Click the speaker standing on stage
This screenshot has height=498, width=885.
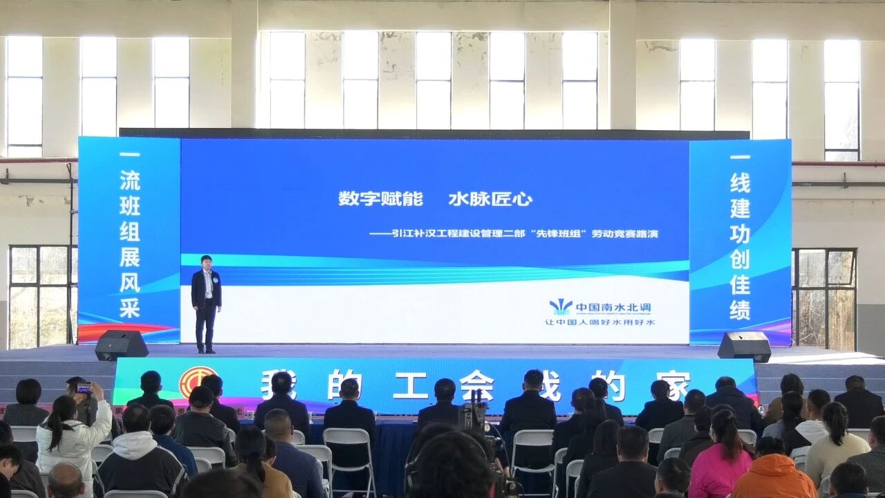pos(206,301)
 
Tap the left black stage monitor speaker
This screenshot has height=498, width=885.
pos(121,344)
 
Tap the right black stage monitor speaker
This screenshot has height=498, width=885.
pos(744,346)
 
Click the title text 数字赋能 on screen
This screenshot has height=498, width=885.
pos(380,199)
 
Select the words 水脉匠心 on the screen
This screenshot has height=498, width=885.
pos(490,199)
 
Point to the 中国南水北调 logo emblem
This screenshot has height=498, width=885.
pos(561,306)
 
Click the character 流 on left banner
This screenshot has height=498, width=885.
pos(129,181)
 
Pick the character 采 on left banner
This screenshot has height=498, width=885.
pos(129,308)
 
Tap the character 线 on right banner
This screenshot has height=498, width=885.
pos(740,183)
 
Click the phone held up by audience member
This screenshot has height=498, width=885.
pos(84,388)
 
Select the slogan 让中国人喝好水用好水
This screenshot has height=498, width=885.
pos(599,322)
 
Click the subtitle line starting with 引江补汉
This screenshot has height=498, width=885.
pos(523,234)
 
